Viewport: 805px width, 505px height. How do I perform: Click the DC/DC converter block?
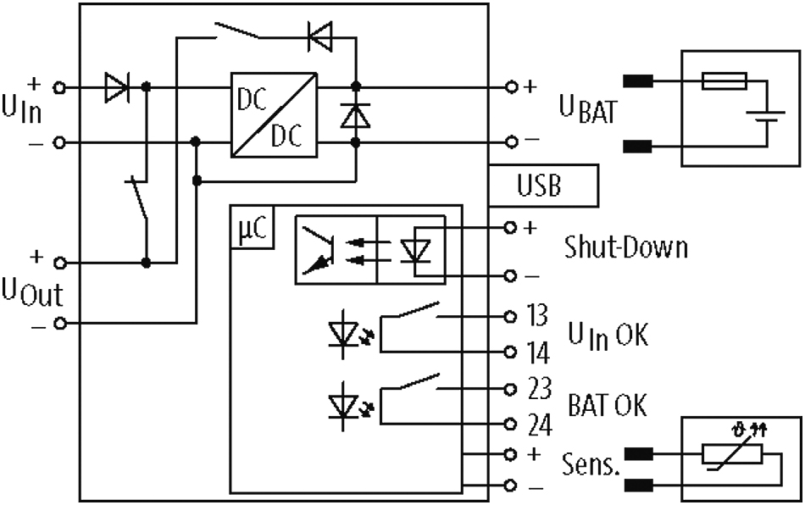pyautogui.click(x=274, y=115)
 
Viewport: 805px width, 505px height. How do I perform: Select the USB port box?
pyautogui.click(x=543, y=186)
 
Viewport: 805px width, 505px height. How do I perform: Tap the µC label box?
pyautogui.click(x=252, y=227)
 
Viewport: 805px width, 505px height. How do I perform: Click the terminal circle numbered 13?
pyautogui.click(x=510, y=317)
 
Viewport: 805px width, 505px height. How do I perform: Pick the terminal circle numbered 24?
pyautogui.click(x=510, y=425)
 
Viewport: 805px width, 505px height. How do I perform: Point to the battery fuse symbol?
pyautogui.click(x=724, y=81)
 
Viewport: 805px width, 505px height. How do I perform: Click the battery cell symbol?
pyautogui.click(x=766, y=116)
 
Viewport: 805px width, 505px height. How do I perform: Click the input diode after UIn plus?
pyautogui.click(x=117, y=88)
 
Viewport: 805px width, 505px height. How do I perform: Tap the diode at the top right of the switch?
pyautogui.click(x=319, y=36)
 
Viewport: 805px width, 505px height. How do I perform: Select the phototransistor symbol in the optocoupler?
pyautogui.click(x=319, y=249)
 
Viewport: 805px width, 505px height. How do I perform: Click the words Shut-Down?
pyautogui.click(x=626, y=247)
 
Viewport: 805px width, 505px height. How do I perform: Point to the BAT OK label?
pyautogui.click(x=608, y=404)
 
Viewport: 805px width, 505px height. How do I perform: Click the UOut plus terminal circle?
pyautogui.click(x=60, y=264)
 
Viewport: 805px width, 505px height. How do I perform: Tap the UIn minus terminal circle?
pyautogui.click(x=60, y=142)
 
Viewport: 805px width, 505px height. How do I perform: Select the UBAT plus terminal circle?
pyautogui.click(x=511, y=87)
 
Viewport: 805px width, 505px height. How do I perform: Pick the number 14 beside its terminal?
pyautogui.click(x=538, y=353)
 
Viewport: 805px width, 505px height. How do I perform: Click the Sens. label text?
pyautogui.click(x=591, y=464)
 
